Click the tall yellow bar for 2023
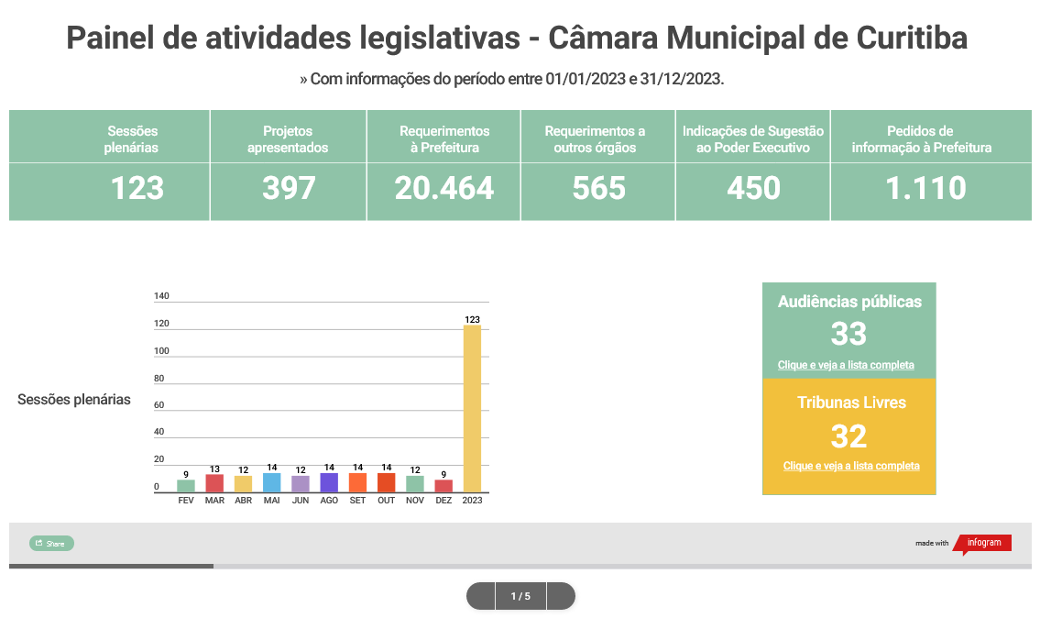(x=472, y=408)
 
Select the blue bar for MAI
(x=271, y=482)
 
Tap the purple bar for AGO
(x=329, y=482)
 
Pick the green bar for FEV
(x=186, y=486)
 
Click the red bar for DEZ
(x=443, y=486)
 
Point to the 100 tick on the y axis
(x=161, y=351)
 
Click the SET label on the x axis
(x=357, y=501)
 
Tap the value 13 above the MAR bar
(x=214, y=468)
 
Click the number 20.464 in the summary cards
(x=443, y=188)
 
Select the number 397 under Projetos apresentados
(x=289, y=188)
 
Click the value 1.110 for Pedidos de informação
(x=925, y=188)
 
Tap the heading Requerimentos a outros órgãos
(x=595, y=139)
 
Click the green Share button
(x=51, y=544)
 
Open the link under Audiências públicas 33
(x=846, y=365)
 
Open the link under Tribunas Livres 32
(x=851, y=466)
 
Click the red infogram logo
(x=984, y=543)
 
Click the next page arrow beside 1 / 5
(x=560, y=596)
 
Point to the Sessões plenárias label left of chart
(x=74, y=400)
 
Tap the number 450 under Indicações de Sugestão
(x=753, y=188)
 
